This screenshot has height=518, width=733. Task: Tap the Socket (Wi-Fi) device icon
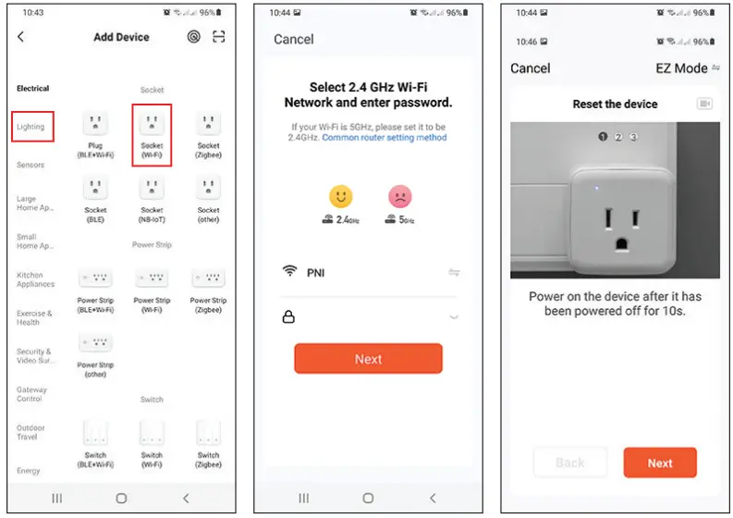pos(152,124)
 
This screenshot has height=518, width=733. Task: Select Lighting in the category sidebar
pos(31,127)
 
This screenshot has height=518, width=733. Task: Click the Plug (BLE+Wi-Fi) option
pos(95,124)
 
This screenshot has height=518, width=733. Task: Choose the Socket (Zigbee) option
pos(208,124)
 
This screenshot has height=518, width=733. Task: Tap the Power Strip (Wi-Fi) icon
pos(152,278)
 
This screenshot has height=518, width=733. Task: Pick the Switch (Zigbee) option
pos(208,433)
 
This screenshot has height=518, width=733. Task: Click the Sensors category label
pos(31,165)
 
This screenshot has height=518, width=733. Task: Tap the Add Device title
pos(121,38)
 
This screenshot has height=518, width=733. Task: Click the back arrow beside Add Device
pos(21,37)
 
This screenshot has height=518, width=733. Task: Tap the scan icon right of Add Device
pos(219,37)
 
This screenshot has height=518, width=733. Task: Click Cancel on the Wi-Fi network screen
pos(294,40)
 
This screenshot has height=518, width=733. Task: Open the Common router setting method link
pos(384,138)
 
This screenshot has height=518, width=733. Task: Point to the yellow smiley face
pos(341,196)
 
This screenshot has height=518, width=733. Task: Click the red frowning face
pos(400,196)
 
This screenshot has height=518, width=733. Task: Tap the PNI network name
pos(316,273)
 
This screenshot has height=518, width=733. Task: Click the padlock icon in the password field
pos(288,317)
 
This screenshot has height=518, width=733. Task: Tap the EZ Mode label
pos(682,68)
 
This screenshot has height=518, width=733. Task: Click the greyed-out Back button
pos(570,462)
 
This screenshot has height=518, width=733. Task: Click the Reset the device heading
pos(615,105)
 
